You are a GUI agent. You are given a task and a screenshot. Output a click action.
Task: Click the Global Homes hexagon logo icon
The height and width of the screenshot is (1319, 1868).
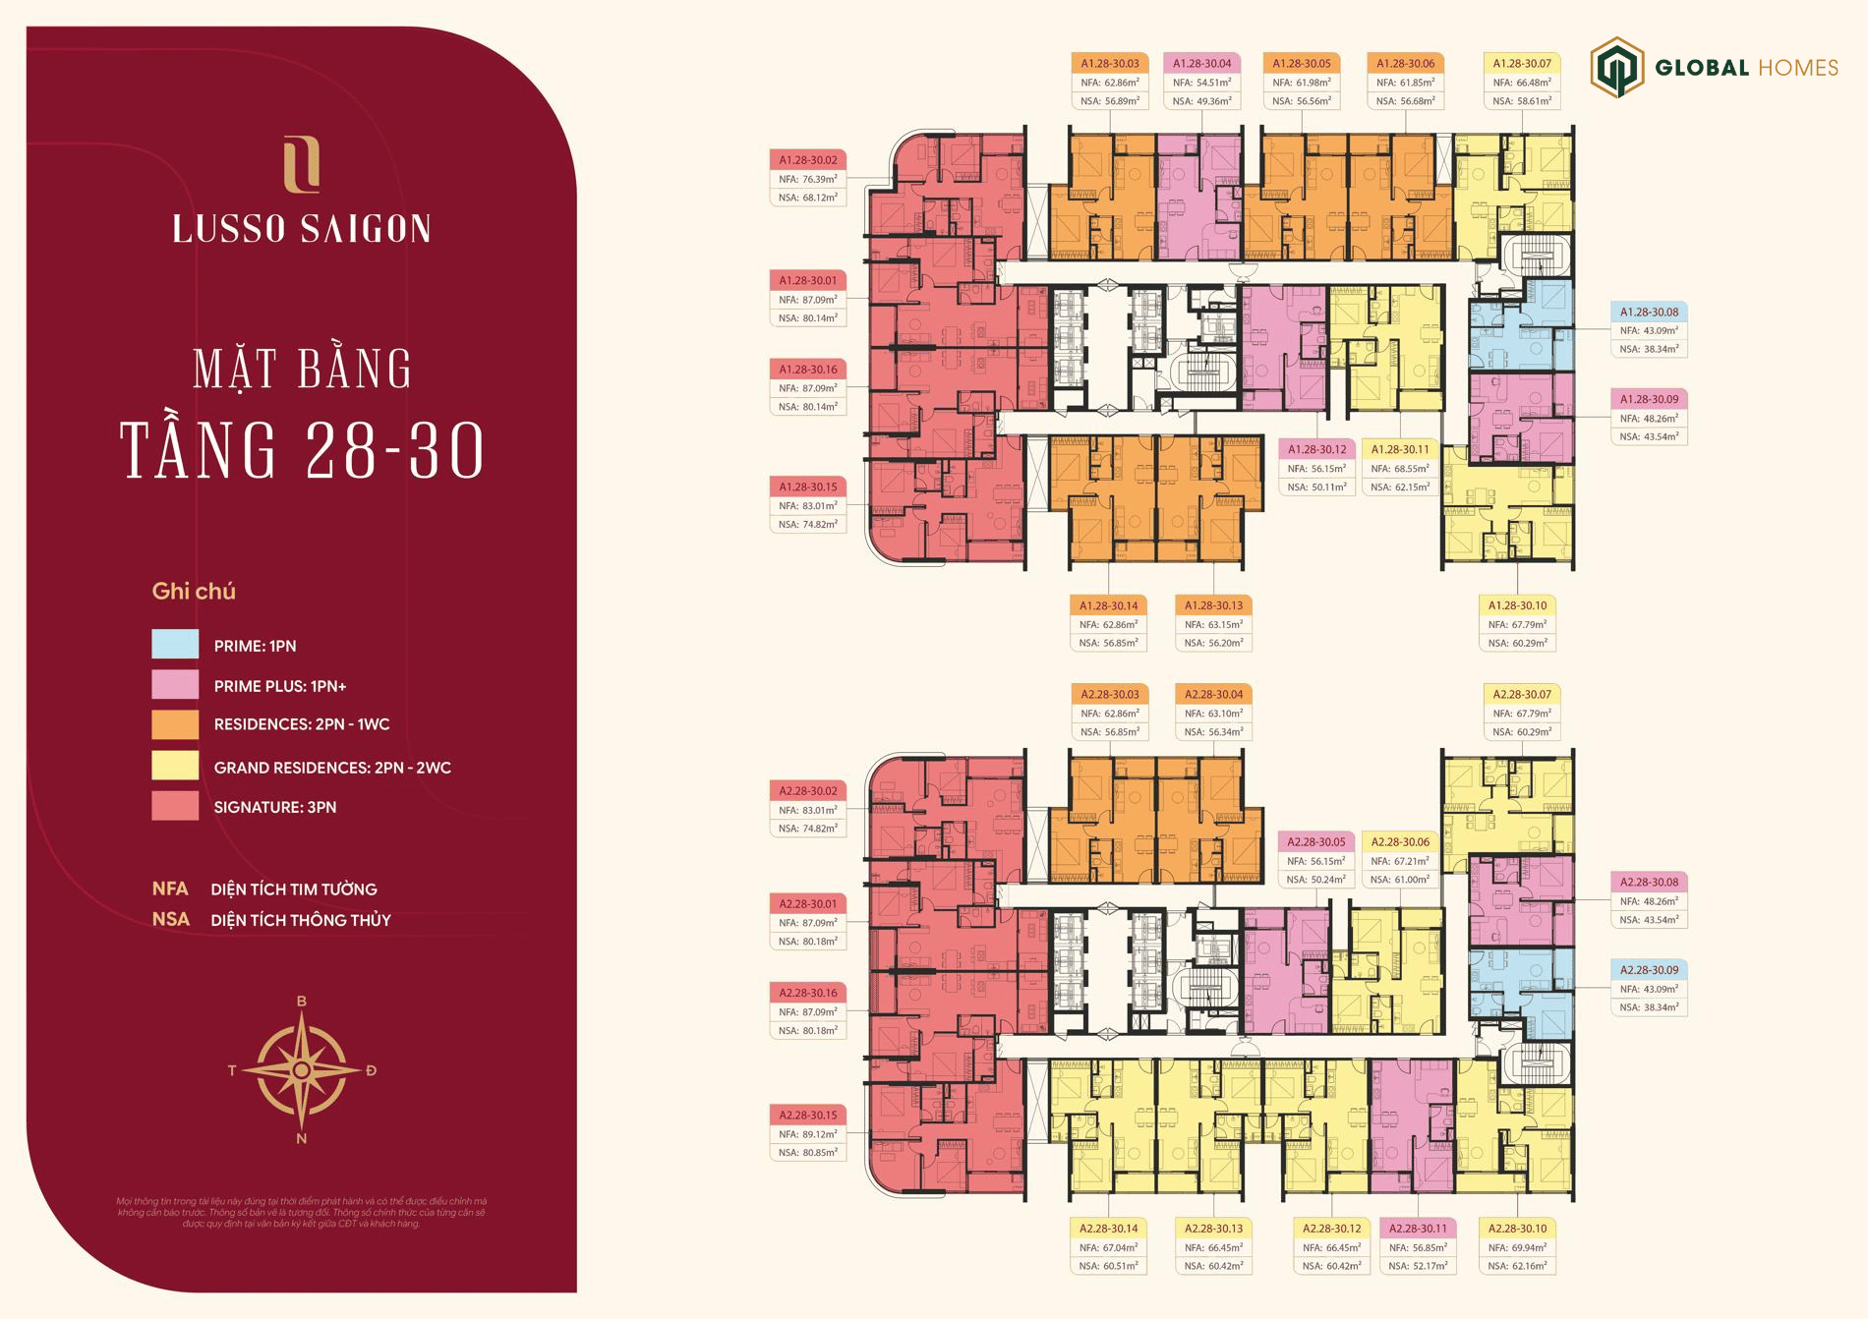1617,67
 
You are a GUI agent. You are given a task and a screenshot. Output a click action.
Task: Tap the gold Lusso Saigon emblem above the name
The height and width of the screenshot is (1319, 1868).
301,165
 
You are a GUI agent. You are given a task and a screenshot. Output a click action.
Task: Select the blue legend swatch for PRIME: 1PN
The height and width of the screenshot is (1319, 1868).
175,644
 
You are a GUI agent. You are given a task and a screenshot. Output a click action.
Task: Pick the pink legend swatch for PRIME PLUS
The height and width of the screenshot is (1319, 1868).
175,685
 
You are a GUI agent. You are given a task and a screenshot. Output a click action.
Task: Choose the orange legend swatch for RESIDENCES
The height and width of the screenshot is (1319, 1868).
175,724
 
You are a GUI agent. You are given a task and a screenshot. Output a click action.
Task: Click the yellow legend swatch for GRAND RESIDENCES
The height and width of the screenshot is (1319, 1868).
175,766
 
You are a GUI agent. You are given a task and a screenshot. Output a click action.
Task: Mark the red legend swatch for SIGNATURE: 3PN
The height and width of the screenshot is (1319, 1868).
175,806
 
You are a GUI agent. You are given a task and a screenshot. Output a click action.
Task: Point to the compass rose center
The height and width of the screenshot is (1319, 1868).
302,1069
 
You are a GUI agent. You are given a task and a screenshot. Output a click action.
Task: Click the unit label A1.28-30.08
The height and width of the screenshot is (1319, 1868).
1649,313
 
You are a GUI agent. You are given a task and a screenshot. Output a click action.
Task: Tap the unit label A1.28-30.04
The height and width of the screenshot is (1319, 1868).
1201,64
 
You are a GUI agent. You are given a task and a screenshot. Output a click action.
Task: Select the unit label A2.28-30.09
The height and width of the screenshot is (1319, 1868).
1649,970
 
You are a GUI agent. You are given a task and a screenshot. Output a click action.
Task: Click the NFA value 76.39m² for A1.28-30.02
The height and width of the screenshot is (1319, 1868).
808,179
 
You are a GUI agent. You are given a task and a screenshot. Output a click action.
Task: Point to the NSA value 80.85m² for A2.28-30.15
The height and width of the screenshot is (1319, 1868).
808,1152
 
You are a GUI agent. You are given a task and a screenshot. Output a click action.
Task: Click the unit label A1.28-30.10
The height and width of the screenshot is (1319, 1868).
1517,605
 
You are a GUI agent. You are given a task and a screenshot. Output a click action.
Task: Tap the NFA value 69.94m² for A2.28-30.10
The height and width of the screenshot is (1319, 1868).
1517,1247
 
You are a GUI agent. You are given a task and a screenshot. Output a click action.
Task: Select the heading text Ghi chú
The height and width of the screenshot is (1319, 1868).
194,592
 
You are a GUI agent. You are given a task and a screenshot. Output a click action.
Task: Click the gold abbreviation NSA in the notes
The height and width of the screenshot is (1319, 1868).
170,920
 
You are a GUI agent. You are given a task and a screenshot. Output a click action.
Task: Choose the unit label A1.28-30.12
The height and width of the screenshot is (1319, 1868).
1316,449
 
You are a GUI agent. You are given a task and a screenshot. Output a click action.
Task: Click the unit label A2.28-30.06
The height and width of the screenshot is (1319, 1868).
1400,842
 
